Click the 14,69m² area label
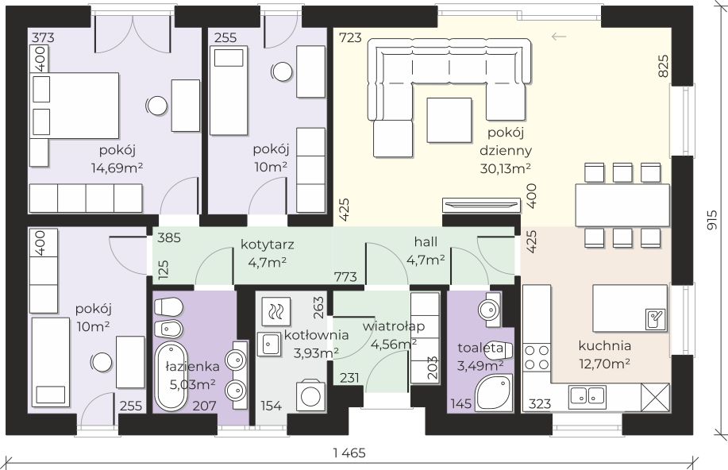click(x=117, y=168)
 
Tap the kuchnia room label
click(x=604, y=345)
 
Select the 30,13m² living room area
click(x=505, y=168)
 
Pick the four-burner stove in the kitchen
click(x=536, y=356)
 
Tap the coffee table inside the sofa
click(x=449, y=120)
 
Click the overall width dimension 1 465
click(x=349, y=453)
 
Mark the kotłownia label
click(x=316, y=335)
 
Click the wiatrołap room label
click(x=394, y=326)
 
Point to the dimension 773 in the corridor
click(x=345, y=277)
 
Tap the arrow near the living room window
click(x=559, y=37)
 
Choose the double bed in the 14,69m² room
click(x=75, y=106)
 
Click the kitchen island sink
click(x=656, y=319)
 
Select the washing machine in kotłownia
click(x=310, y=395)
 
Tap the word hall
click(x=426, y=242)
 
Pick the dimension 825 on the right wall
click(x=664, y=66)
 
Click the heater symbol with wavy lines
click(x=275, y=311)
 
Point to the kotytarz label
click(x=267, y=245)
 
